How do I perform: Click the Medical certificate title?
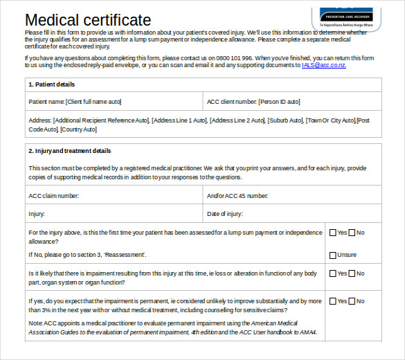pyautogui.click(x=88, y=20)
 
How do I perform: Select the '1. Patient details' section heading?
pyautogui.click(x=52, y=84)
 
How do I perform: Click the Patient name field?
pyautogui.click(x=114, y=102)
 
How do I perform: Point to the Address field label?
pyautogui.click(x=39, y=120)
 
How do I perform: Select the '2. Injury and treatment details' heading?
pyautogui.click(x=69, y=151)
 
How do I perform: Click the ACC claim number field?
pyautogui.click(x=115, y=196)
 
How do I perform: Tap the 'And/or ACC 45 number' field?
pyautogui.click(x=293, y=196)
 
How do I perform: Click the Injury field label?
pyautogui.click(x=37, y=214)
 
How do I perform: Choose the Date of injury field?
pyautogui.click(x=293, y=214)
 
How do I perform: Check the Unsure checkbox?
pyautogui.click(x=333, y=255)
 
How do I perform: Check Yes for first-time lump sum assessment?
pyautogui.click(x=333, y=233)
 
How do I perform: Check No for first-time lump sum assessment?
pyautogui.click(x=352, y=233)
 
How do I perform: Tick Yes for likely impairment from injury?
pyautogui.click(x=333, y=273)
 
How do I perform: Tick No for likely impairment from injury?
pyautogui.click(x=352, y=273)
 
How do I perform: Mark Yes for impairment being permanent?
pyautogui.click(x=333, y=301)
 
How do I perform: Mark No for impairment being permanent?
pyautogui.click(x=352, y=301)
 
